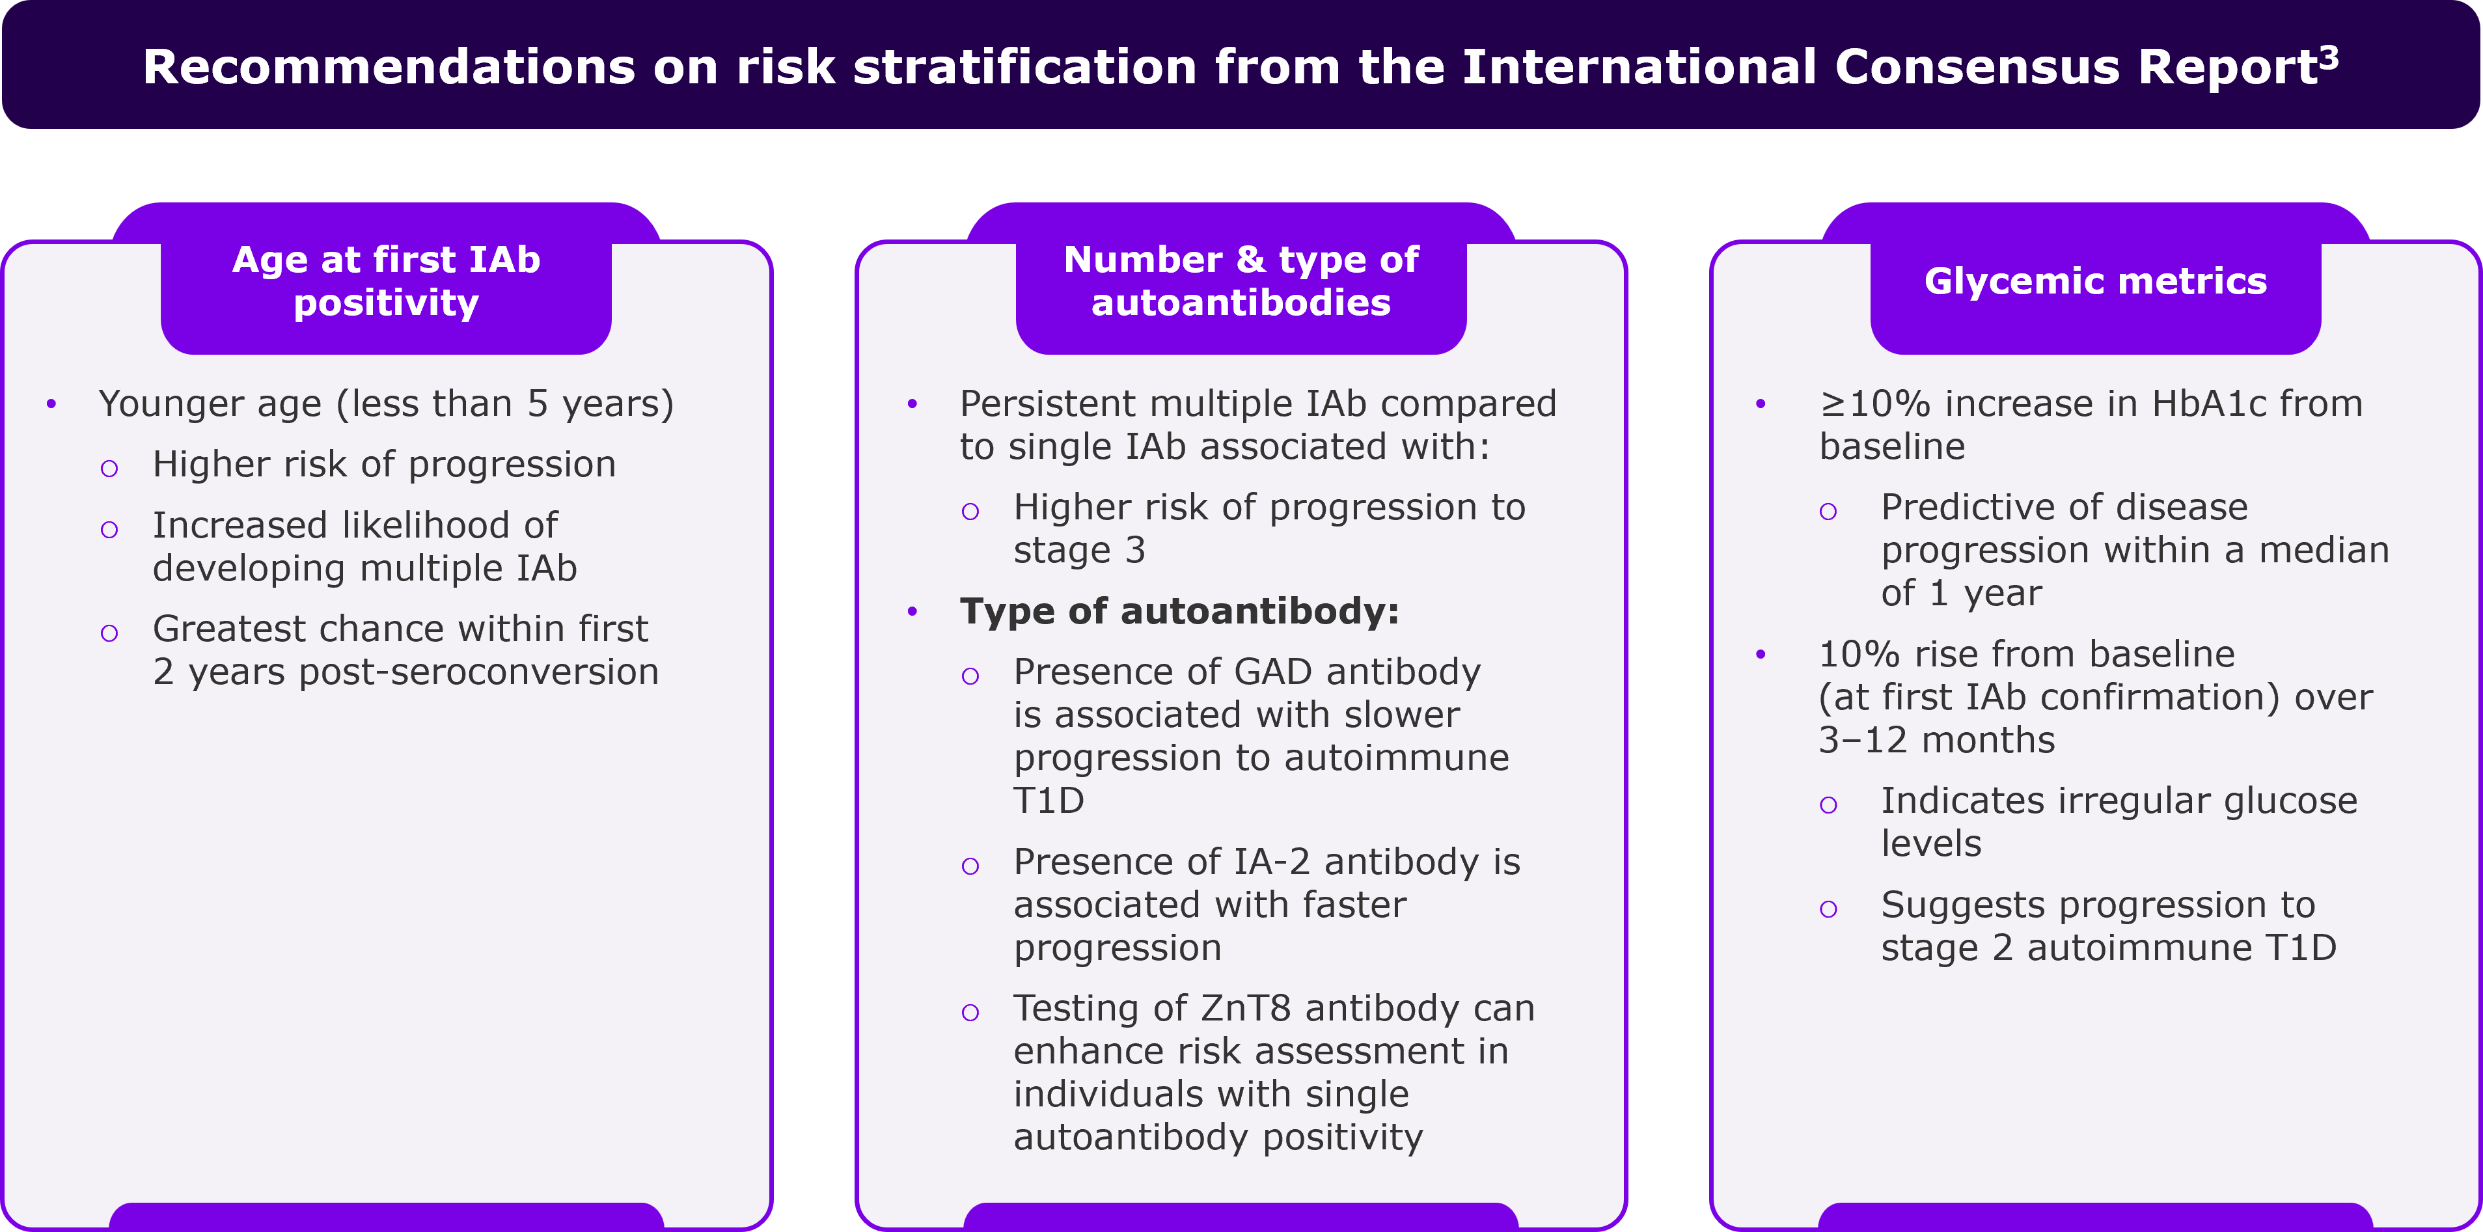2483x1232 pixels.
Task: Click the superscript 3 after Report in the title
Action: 2328,58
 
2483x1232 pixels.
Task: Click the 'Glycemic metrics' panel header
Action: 2096,281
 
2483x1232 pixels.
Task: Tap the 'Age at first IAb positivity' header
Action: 387,281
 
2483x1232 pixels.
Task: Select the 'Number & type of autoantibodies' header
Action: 1242,281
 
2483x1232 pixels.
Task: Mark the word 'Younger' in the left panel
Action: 161,405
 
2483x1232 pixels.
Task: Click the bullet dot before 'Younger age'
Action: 51,404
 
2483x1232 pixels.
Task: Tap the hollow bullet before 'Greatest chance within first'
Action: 109,633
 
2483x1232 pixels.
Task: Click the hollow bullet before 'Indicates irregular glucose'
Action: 1828,805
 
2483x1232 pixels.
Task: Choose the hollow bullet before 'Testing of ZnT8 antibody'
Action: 970,1012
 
